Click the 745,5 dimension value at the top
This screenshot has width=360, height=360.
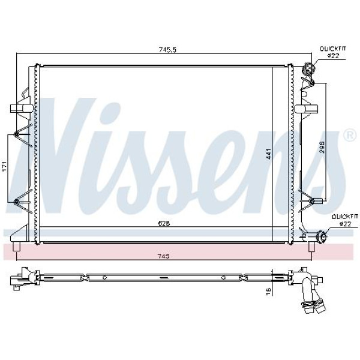tap(167, 49)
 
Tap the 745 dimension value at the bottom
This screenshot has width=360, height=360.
tap(164, 256)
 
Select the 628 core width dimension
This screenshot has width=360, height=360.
tap(164, 223)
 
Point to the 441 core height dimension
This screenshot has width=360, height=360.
tap(269, 154)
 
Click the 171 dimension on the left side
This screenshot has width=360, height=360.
tap(5, 166)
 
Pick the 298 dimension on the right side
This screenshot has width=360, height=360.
tap(322, 147)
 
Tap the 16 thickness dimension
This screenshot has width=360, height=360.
tap(269, 291)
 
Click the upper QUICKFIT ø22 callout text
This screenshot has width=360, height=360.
tap(333, 52)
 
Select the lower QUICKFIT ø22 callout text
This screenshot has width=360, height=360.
tap(345, 220)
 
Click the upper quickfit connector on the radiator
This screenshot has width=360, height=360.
tap(308, 68)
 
